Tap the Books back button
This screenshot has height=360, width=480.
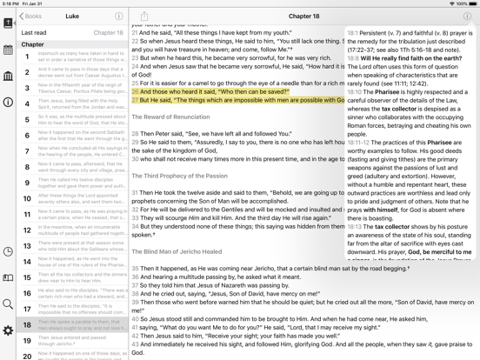pyautogui.click(x=31, y=16)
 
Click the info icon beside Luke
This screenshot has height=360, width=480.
pyautogui.click(x=119, y=16)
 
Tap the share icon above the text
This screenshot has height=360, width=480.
pyautogui.click(x=143, y=16)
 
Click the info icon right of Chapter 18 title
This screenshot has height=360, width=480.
pyautogui.click(x=467, y=16)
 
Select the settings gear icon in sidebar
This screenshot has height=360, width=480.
pyautogui.click(x=8, y=331)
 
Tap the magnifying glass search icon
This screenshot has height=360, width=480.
pyautogui.click(x=8, y=304)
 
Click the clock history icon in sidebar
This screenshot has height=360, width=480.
pyautogui.click(x=8, y=252)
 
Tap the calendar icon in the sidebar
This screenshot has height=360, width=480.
pyautogui.click(x=8, y=50)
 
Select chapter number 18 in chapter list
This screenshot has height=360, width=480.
pyautogui.click(x=27, y=324)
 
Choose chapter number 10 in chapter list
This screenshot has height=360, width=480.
pyautogui.click(x=27, y=198)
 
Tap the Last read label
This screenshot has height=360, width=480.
pyautogui.click(x=34, y=33)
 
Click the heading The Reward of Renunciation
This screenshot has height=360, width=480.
pyautogui.click(x=172, y=117)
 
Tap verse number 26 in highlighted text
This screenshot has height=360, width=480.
pyautogui.click(x=136, y=90)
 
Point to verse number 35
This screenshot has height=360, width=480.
pyautogui.click(x=136, y=269)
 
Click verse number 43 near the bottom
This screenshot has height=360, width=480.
pyautogui.click(x=136, y=343)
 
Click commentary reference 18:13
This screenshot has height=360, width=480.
pyautogui.click(x=354, y=226)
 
